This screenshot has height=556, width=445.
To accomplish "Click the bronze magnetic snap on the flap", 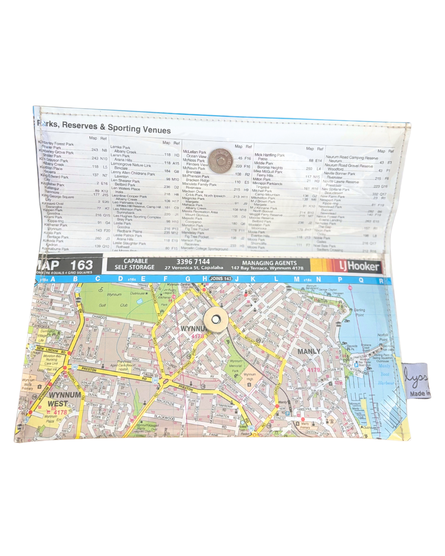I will pyautogui.click(x=221, y=161).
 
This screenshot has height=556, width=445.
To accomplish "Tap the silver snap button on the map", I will pyautogui.click(x=215, y=320).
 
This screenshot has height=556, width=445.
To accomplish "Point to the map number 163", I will pyautogui.click(x=81, y=265).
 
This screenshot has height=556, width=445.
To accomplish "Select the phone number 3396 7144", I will pyautogui.click(x=193, y=262).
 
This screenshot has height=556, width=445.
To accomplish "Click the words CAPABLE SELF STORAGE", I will pyautogui.click(x=135, y=264).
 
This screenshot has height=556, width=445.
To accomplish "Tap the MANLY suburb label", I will pyautogui.click(x=309, y=351).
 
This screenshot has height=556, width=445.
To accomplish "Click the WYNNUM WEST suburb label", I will pyautogui.click(x=64, y=399).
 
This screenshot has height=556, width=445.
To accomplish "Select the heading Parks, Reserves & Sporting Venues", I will pyautogui.click(x=104, y=127).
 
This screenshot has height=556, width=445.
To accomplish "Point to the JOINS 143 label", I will pyautogui.click(x=221, y=279).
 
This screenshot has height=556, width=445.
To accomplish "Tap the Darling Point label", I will pyautogui.click(x=359, y=312).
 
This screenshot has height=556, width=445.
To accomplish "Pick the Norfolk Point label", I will pyautogui.click(x=382, y=337).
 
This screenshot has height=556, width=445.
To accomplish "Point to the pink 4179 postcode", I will pyautogui.click(x=313, y=370).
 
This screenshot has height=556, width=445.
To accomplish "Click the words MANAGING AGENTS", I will pyautogui.click(x=269, y=263).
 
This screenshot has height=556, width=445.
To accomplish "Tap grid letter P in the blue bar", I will pyautogui.click(x=340, y=280).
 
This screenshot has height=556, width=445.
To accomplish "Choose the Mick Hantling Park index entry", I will pyautogui.click(x=269, y=155).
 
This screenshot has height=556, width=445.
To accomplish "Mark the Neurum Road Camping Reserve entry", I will pyautogui.click(x=351, y=157).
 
